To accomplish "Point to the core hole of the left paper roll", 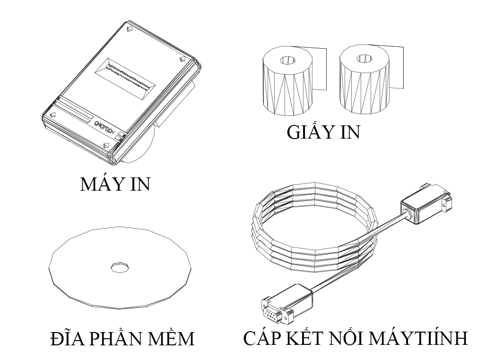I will pos(287,60).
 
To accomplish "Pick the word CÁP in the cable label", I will pos(263,339).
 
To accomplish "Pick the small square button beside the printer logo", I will pos(122,135).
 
